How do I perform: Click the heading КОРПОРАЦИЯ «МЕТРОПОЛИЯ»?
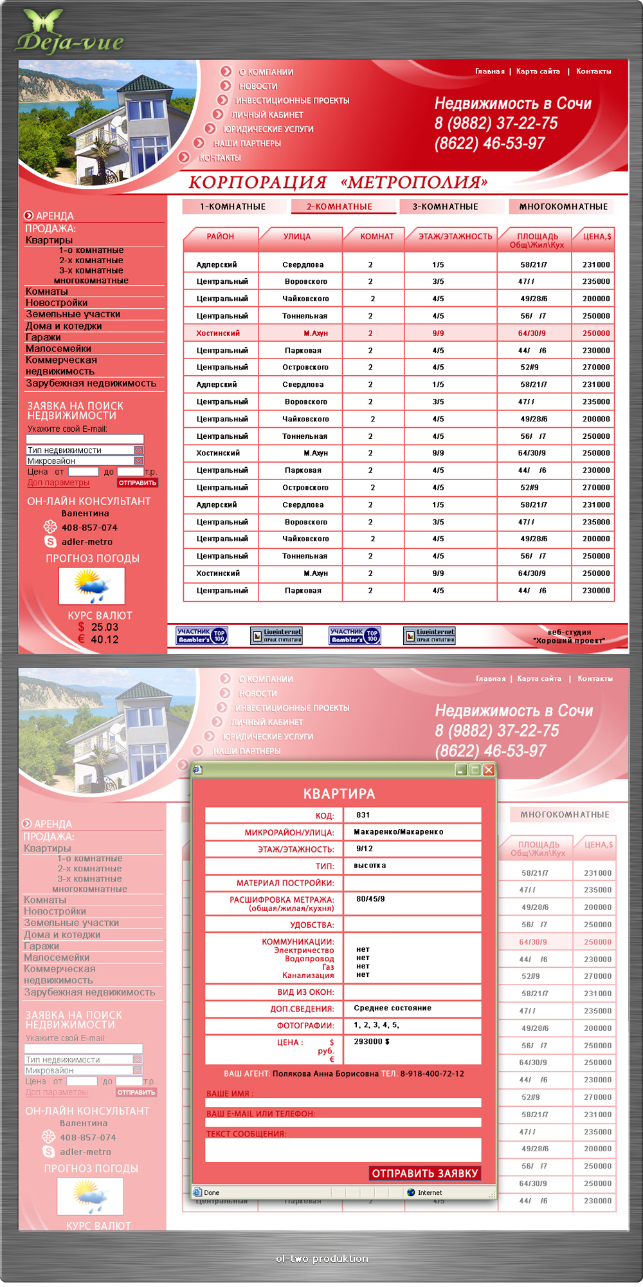click(x=338, y=183)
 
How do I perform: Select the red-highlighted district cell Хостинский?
click(x=218, y=333)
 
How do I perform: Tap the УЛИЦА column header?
click(x=297, y=237)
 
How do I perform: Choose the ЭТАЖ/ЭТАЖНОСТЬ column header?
click(x=455, y=237)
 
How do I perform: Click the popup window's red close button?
click(x=489, y=770)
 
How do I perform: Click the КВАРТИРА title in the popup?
click(x=339, y=794)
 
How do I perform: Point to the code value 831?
click(x=363, y=815)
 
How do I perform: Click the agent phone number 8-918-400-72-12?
click(x=432, y=1073)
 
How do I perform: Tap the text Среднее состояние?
click(x=392, y=1008)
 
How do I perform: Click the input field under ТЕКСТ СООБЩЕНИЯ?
click(x=343, y=1149)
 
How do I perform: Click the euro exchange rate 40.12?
click(x=105, y=640)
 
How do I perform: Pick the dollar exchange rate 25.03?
click(x=105, y=627)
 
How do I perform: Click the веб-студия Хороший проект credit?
click(x=569, y=636)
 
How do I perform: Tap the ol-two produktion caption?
click(x=322, y=1259)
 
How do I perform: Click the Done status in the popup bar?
click(x=212, y=1192)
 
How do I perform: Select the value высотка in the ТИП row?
click(x=370, y=866)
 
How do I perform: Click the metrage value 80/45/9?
click(x=370, y=899)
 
